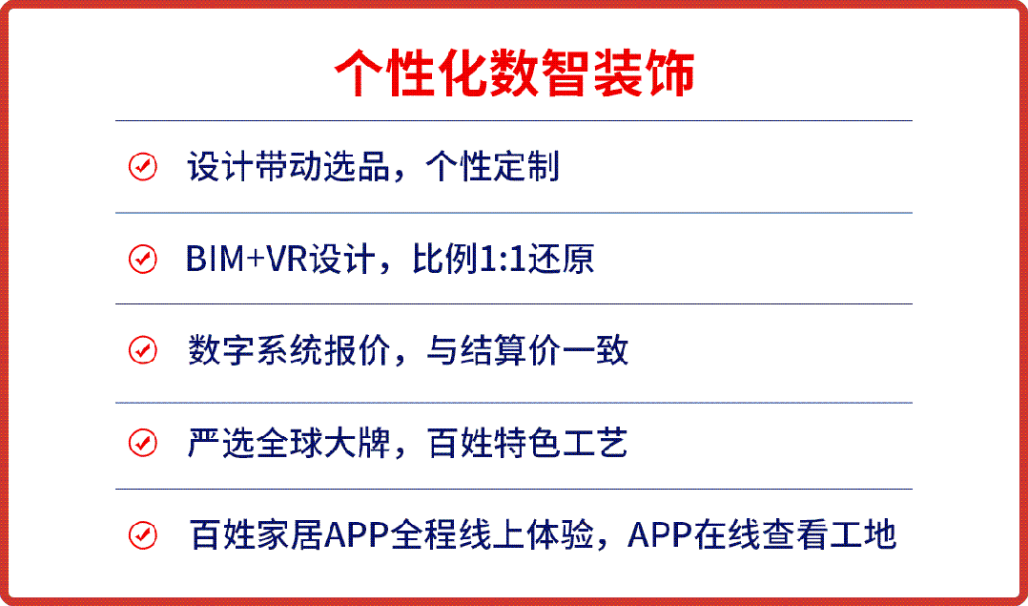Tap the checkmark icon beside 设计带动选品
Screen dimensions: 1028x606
tap(142, 167)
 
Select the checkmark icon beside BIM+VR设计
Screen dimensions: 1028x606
tap(142, 259)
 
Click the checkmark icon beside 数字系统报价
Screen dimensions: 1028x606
tap(142, 350)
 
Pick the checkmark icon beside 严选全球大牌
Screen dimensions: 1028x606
tap(142, 443)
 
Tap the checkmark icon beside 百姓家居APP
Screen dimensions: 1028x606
tap(142, 535)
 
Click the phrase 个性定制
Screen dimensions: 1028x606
tap(492, 167)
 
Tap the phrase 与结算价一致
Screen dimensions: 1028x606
tap(527, 351)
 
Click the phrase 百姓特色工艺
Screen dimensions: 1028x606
tap(527, 443)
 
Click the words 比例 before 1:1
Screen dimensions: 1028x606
tap(446, 259)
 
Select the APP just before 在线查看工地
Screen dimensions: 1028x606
tap(660, 535)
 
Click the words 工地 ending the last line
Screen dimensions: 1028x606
tap(863, 535)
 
